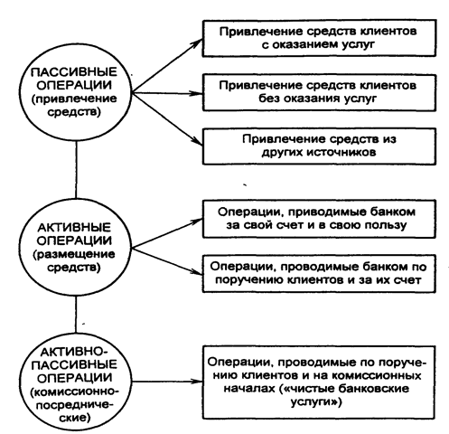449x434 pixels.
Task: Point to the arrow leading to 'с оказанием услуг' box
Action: (167, 65)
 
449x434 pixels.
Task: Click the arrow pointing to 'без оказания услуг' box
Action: (167, 93)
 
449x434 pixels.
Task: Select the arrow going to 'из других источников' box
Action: (167, 119)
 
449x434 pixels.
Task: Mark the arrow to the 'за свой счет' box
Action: (167, 233)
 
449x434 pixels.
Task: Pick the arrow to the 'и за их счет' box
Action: (167, 261)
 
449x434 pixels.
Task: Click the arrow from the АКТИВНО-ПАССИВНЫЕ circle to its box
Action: (167, 382)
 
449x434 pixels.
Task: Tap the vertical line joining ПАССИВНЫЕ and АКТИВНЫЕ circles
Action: (76, 170)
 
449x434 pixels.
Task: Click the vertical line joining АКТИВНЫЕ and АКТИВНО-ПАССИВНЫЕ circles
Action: (76, 315)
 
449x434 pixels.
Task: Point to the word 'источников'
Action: (341, 152)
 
